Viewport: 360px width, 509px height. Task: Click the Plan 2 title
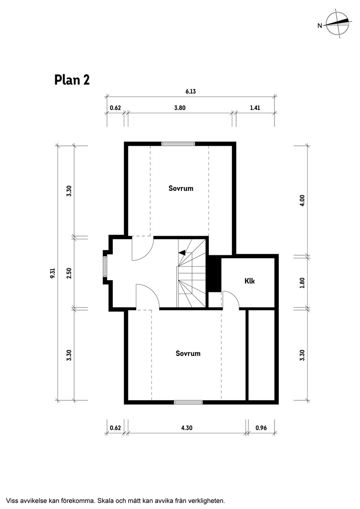pos(72,80)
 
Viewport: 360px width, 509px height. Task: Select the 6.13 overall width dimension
pos(190,91)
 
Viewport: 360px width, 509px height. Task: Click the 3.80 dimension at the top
pos(180,108)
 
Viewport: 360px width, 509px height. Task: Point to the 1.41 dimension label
pos(255,108)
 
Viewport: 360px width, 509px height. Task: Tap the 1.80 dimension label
pos(302,283)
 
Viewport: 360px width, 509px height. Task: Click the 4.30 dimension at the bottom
pos(186,428)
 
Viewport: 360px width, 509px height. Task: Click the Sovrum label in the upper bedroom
pos(181,189)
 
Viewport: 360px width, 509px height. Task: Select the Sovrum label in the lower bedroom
pos(188,353)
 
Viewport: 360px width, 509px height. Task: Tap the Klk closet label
pos(249,281)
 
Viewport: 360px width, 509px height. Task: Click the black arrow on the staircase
pos(182,253)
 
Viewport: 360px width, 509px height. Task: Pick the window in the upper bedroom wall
pos(178,144)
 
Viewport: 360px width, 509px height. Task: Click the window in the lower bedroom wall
pos(188,402)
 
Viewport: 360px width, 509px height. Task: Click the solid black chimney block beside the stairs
pos(214,273)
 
